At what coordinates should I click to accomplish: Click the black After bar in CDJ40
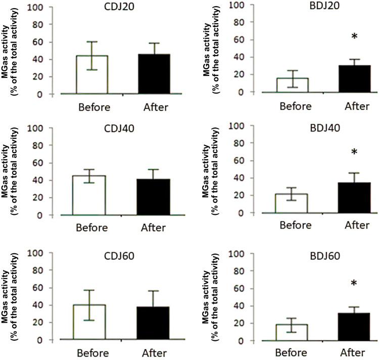pos(155,197)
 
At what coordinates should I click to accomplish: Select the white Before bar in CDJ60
pos(92,323)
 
